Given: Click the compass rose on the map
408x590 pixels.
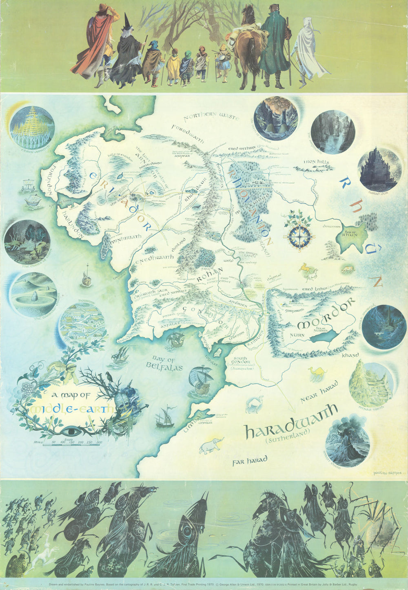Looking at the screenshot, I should (299, 236).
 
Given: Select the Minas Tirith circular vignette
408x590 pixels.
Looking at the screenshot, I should (371, 383).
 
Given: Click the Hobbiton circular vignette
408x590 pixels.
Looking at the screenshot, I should (82, 322).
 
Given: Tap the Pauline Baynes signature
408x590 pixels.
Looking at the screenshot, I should (387, 473).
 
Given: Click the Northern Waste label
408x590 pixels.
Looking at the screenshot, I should (211, 117).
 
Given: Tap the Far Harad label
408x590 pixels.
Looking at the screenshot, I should (250, 460).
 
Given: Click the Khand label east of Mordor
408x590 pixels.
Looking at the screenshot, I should (350, 355).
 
